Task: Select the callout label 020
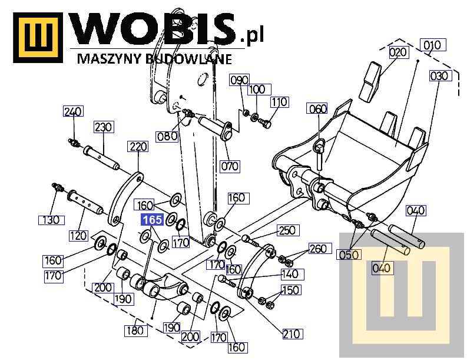pyautogui.click(x=398, y=52)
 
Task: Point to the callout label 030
pyautogui.click(x=439, y=76)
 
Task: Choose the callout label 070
pyautogui.click(x=230, y=166)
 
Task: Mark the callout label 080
pyautogui.click(x=167, y=136)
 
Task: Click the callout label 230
pyautogui.click(x=103, y=127)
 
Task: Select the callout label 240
pyautogui.click(x=74, y=111)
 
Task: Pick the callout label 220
pyautogui.click(x=138, y=147)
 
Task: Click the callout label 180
pyautogui.click(x=135, y=331)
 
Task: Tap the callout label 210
pyautogui.click(x=292, y=334)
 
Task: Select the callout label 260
pyautogui.click(x=317, y=249)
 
